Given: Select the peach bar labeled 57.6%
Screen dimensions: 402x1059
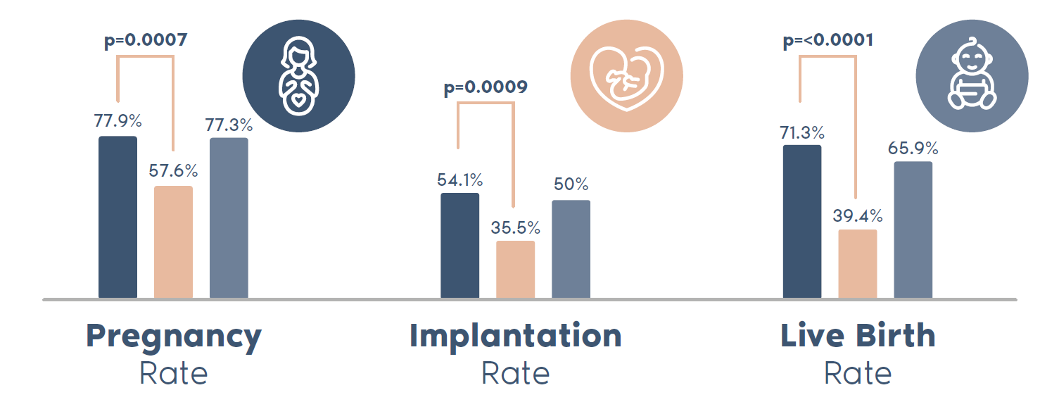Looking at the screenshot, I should coord(173,242).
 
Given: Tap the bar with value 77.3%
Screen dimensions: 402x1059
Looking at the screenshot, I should coord(229,218).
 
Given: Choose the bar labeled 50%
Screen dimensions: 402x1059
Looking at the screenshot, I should coord(571,249).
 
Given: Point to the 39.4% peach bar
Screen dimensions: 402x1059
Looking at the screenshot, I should coord(858,263).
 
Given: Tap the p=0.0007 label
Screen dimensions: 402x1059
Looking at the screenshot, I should coord(146,40).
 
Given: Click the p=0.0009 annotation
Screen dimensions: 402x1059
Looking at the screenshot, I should coord(486,88).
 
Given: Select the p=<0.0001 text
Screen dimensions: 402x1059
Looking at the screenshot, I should coord(828,40).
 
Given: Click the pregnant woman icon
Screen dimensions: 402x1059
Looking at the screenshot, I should coord(298,76).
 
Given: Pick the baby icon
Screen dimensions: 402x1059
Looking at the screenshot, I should coord(972,76).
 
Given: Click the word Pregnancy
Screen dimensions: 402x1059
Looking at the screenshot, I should coord(174,337).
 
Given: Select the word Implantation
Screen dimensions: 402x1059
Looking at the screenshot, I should coord(516,336).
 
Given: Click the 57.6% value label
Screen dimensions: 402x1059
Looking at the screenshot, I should coord(173,170).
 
